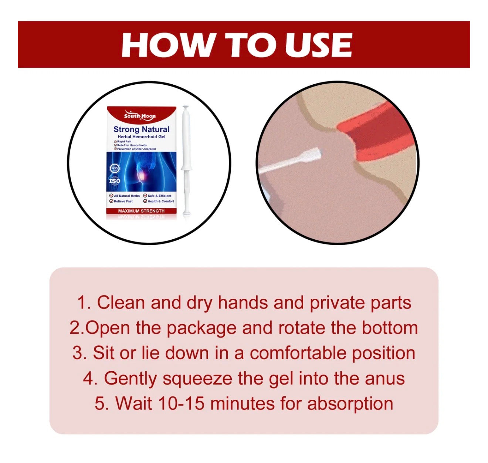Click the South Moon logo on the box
click(140, 115)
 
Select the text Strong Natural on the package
click(141, 129)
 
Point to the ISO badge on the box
click(114, 181)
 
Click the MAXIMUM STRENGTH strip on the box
click(141, 211)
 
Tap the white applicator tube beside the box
click(185, 159)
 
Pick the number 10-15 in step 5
click(181, 403)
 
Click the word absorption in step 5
click(350, 403)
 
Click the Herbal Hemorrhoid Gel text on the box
click(141, 136)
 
